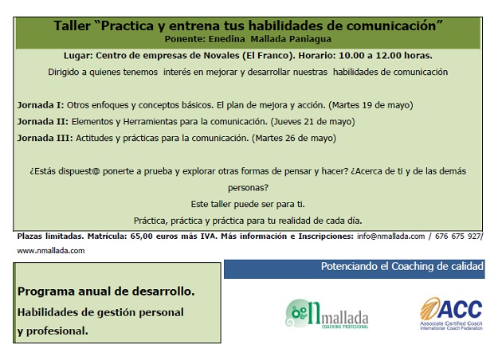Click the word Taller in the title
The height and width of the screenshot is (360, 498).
coord(72,26)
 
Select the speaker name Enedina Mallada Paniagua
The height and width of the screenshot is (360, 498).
coord(270,39)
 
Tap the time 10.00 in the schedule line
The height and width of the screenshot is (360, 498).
coord(352,56)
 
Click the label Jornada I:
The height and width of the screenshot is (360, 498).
coord(41,105)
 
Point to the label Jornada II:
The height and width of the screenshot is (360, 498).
coord(43,122)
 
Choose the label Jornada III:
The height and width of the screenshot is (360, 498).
coord(45,138)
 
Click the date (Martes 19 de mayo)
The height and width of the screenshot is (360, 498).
coord(371,105)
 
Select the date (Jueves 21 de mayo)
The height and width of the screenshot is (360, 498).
coord(313,122)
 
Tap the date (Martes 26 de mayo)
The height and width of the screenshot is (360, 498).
coord(294,139)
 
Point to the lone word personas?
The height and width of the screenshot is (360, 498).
coord(248,188)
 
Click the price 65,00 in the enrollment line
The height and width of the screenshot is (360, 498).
coord(141,237)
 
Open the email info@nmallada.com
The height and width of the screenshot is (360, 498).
coord(391,237)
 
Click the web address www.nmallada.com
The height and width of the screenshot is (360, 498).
coord(51,251)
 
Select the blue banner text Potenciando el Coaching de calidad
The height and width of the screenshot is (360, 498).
coord(402,266)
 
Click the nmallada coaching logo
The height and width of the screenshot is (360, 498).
coord(327,313)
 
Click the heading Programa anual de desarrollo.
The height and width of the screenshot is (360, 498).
coord(106,292)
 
